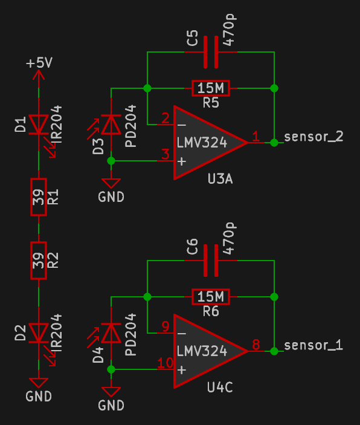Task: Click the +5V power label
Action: pos(39,63)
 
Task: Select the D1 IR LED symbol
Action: pos(39,125)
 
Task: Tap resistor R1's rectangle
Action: pos(39,197)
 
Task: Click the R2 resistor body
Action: pos(39,261)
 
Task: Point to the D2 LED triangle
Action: pos(39,333)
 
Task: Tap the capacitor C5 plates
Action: pos(211,52)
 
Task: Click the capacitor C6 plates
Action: pos(211,261)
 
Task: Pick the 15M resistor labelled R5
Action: pos(211,88)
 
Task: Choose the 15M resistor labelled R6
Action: pos(211,297)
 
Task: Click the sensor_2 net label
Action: pos(313,137)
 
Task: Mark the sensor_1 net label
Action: pos(313,345)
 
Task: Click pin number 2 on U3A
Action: pos(166,118)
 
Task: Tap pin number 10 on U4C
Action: pos(166,363)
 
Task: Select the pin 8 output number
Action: pos(256,345)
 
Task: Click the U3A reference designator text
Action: pos(220,179)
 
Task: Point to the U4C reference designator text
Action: pos(220,388)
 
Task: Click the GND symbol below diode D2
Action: pos(39,383)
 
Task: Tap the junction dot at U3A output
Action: pos(274,142)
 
